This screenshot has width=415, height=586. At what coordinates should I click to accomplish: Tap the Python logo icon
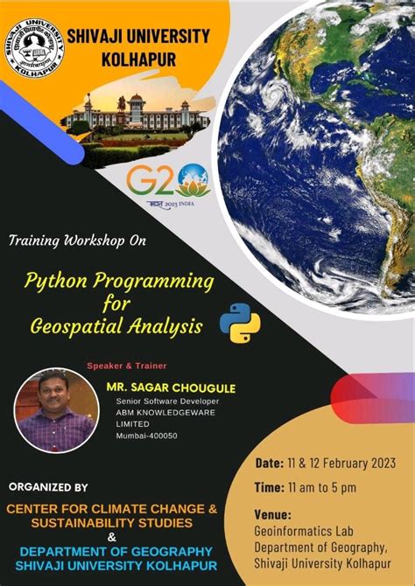coord(240,323)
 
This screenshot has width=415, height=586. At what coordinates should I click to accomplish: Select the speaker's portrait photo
coord(55,409)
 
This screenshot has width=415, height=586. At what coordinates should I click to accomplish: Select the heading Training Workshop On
coord(78,239)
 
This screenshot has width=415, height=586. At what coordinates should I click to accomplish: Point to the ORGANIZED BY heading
coord(48,486)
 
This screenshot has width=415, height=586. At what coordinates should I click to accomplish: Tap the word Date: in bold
coord(269,462)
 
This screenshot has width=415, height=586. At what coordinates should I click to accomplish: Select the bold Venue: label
coord(272,514)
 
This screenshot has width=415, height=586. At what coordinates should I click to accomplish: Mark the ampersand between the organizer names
coord(110,537)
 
